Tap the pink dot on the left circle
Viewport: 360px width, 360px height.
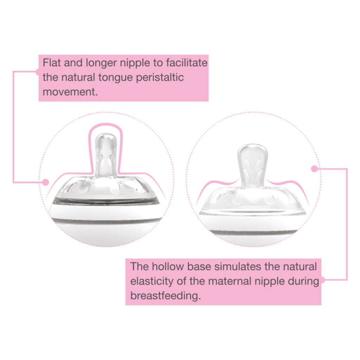tap(45, 182)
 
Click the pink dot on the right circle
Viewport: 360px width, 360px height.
tap(314, 169)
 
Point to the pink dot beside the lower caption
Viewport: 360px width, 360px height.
tap(322, 281)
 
